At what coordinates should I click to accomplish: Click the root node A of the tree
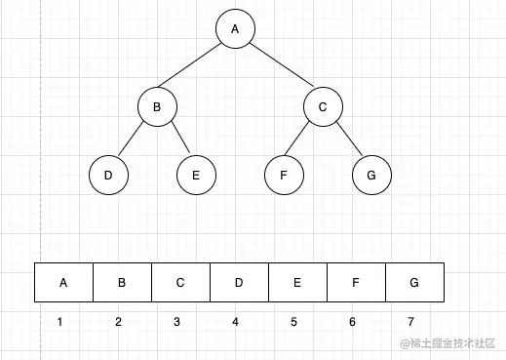(235, 29)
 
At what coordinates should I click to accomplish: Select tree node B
(156, 107)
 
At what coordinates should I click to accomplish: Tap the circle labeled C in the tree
(323, 107)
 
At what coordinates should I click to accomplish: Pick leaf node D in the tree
(108, 176)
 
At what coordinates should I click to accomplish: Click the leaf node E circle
(196, 176)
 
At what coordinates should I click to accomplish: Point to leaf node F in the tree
(284, 176)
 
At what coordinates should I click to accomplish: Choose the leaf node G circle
(371, 176)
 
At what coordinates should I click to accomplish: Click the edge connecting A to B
(195, 68)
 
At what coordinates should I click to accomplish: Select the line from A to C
(279, 68)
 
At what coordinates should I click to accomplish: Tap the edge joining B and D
(132, 141)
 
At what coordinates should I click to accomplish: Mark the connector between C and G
(347, 141)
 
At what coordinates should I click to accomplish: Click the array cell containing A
(63, 283)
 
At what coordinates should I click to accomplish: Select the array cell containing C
(180, 283)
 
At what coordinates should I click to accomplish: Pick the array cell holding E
(297, 283)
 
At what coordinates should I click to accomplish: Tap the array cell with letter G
(414, 283)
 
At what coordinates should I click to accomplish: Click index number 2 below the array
(118, 321)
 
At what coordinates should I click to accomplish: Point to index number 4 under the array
(235, 321)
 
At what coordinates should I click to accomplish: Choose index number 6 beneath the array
(352, 321)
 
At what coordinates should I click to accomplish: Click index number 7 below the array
(410, 321)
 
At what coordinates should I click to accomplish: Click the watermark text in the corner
(445, 343)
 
